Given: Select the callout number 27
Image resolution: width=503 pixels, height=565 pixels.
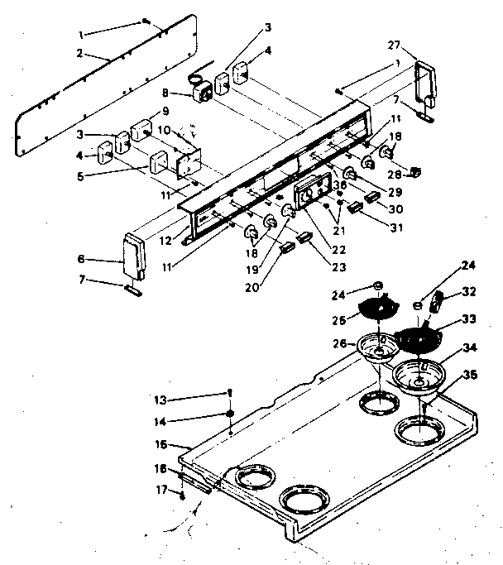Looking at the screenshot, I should click(x=394, y=45).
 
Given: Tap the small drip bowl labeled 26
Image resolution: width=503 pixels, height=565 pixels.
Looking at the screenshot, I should click(x=379, y=346).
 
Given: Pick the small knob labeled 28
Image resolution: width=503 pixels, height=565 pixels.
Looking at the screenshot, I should click(x=416, y=172).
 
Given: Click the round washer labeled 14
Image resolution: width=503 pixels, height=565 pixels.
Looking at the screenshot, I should click(x=229, y=414).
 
